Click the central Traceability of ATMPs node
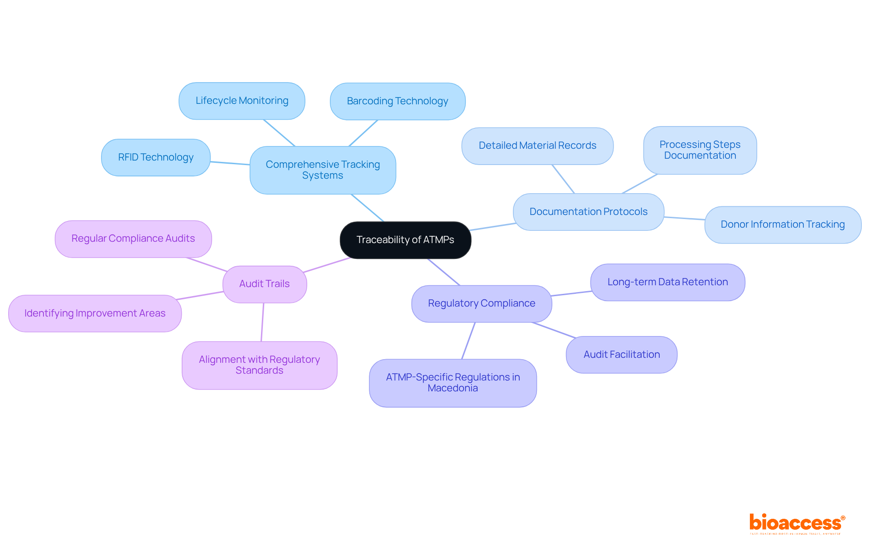[405, 240]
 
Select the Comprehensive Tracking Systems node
[323, 170]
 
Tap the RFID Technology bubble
[155, 157]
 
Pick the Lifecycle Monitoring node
[242, 101]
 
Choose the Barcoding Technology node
[397, 101]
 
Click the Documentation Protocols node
[588, 212]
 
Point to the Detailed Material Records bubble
[537, 146]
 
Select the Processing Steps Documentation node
[700, 150]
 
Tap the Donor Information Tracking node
[783, 224]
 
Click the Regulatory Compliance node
[481, 303]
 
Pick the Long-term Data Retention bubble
[667, 282]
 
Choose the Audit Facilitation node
[621, 355]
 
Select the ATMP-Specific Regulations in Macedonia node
[453, 383]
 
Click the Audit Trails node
[264, 284]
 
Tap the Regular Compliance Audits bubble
[133, 239]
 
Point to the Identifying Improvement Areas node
[95, 313]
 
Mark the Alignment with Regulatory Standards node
[259, 365]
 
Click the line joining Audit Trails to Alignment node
[262, 322]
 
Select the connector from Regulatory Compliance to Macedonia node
[468, 341]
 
